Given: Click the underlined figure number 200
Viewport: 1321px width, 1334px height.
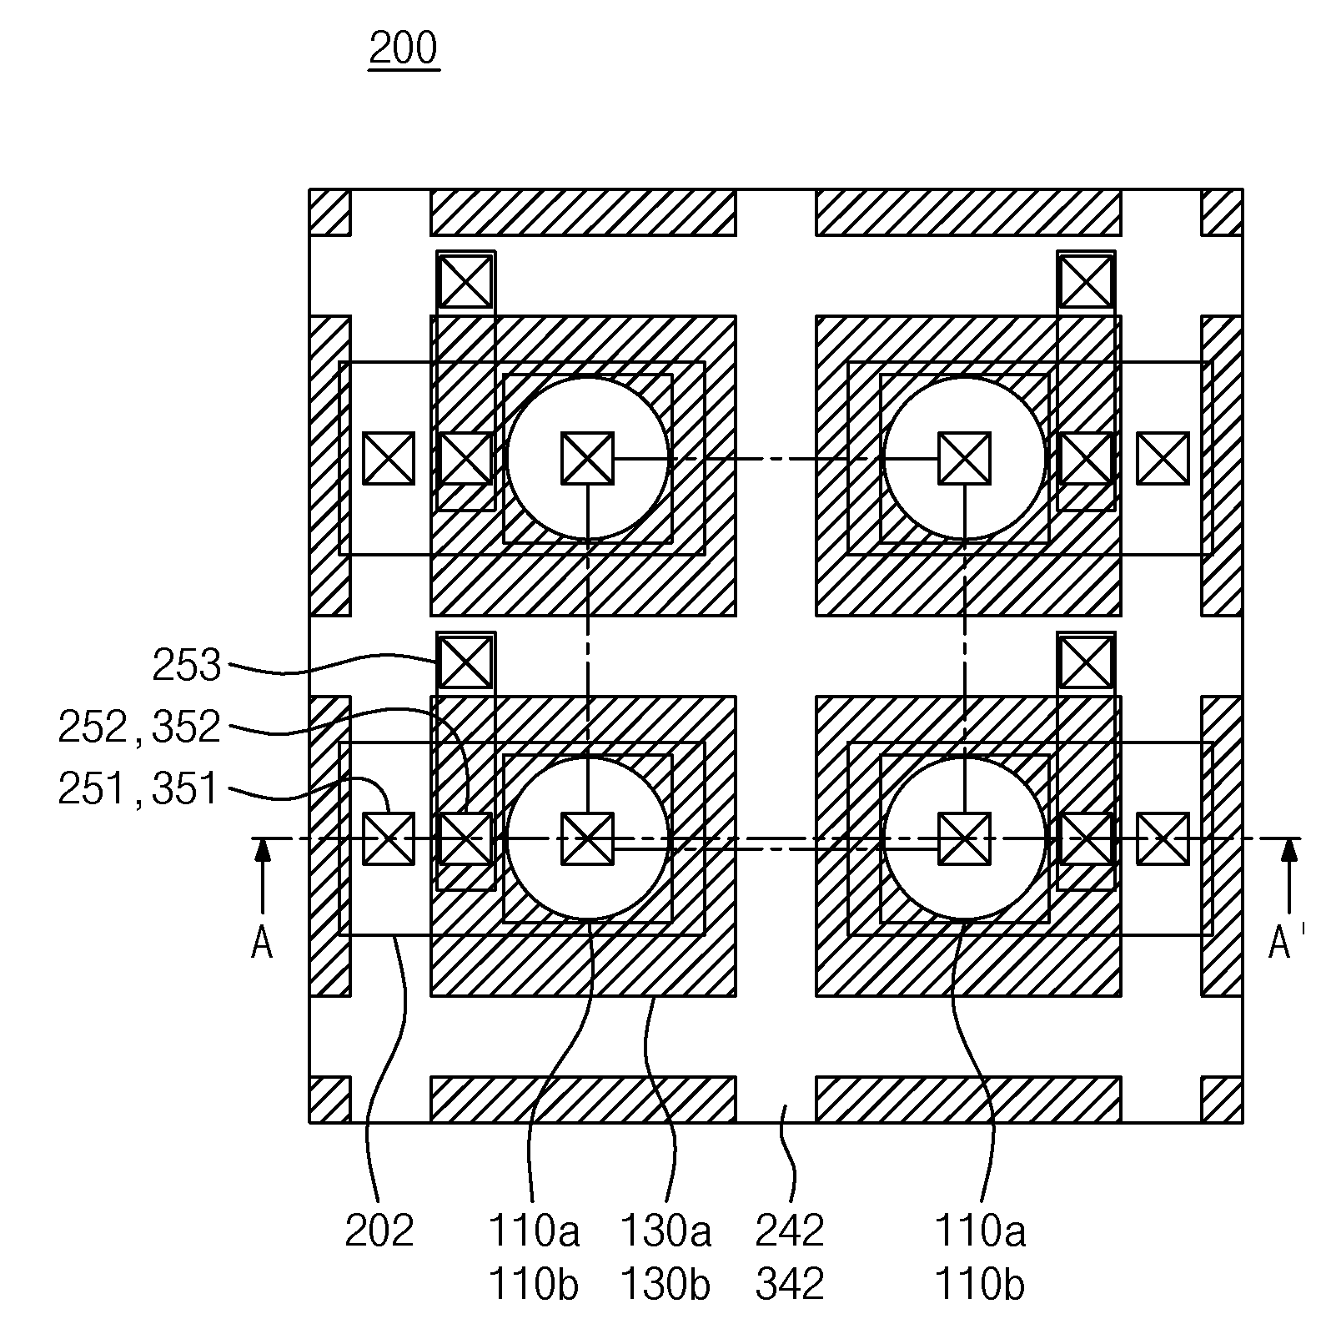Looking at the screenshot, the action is pyautogui.click(x=404, y=49).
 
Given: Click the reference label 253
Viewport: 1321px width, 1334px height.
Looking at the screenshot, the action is pyautogui.click(x=186, y=666).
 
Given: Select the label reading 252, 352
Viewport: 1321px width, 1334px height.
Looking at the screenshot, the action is pyautogui.click(x=138, y=727).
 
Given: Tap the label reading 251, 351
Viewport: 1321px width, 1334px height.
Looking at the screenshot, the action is pyautogui.click(x=138, y=788).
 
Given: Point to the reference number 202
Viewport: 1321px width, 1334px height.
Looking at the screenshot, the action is pyautogui.click(x=379, y=1231).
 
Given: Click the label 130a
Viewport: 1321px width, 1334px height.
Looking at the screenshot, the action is pyautogui.click(x=666, y=1231).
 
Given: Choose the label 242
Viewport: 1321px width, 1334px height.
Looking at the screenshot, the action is pyautogui.click(x=790, y=1231).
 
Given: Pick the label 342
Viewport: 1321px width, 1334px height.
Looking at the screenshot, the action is pyautogui.click(x=790, y=1284).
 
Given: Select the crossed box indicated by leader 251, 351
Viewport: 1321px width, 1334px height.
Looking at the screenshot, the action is pyautogui.click(x=389, y=838).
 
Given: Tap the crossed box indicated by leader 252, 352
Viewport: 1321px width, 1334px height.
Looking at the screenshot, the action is pyautogui.click(x=465, y=838).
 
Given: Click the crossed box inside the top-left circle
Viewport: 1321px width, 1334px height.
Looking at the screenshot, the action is pyautogui.click(x=587, y=458).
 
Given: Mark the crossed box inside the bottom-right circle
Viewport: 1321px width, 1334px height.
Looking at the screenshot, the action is pyautogui.click(x=964, y=838).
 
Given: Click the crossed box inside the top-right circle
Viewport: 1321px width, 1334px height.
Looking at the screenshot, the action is pyautogui.click(x=964, y=458).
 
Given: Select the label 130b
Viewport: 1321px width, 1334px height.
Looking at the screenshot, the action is pyautogui.click(x=666, y=1284).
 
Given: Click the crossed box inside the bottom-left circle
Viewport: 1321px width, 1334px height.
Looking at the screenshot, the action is pyautogui.click(x=587, y=838).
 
